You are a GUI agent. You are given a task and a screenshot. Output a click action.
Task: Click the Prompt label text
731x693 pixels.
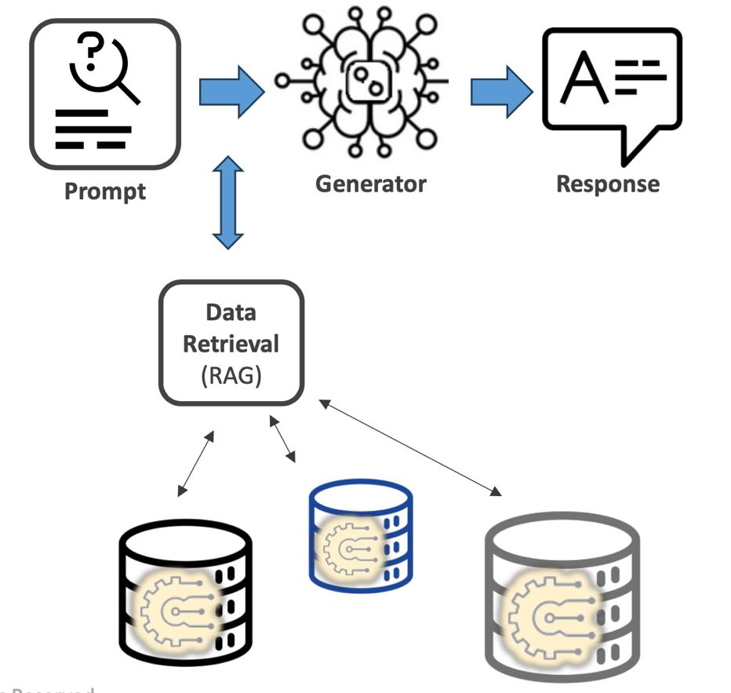[x=105, y=191]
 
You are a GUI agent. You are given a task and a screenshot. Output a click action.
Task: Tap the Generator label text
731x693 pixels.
[x=370, y=184]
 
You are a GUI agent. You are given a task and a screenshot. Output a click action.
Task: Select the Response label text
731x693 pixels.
[x=608, y=184]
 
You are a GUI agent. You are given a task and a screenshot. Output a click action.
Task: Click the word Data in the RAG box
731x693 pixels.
[x=231, y=312]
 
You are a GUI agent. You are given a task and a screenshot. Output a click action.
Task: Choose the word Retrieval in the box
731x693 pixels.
[x=231, y=343]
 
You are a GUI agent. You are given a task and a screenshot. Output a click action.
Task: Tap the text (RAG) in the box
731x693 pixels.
[x=231, y=374]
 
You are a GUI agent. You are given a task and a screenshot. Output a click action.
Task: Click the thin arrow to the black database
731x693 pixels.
[x=195, y=464]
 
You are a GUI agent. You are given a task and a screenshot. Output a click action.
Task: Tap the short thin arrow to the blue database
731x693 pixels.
[x=283, y=439]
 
